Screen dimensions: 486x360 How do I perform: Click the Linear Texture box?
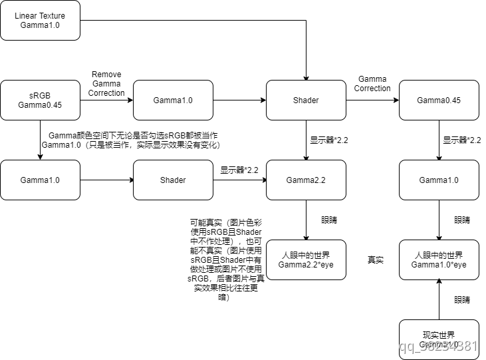coord(40,20)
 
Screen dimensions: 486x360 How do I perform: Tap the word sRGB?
coord(40,96)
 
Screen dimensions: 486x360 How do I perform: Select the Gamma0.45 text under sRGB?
coord(40,105)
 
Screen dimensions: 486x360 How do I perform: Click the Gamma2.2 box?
coord(306,180)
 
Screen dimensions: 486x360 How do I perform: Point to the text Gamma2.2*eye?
coord(306,265)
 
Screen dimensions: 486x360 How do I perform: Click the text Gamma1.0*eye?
coord(439,265)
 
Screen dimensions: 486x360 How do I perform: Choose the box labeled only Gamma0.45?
coord(439,100)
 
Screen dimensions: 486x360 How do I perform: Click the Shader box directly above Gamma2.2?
coord(306,100)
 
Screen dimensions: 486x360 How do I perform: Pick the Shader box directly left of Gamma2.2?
coord(173,180)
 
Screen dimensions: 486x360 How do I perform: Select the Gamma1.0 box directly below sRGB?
coord(40,180)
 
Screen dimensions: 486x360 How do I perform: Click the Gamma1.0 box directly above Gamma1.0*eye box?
coord(439,180)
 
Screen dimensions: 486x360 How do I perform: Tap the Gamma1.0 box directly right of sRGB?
coord(173,100)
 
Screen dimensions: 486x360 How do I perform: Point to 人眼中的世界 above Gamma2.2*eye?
coord(306,256)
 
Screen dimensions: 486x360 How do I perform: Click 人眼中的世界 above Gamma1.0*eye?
coord(439,256)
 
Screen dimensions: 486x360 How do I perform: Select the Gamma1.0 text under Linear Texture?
coord(40,25)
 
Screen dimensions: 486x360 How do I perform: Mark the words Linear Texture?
coord(40,16)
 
